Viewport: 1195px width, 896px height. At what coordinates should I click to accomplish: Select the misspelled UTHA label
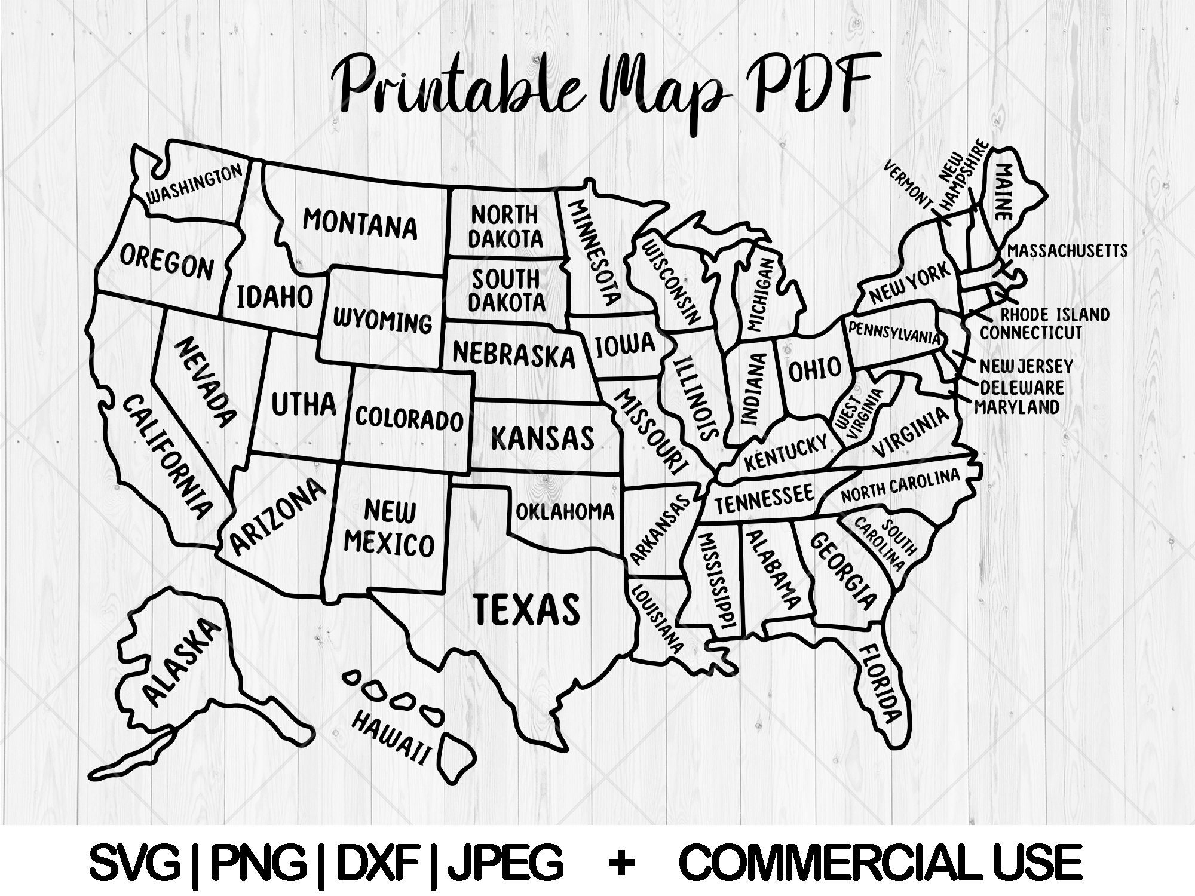(x=304, y=404)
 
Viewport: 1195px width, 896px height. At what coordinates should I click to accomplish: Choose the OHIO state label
(x=814, y=369)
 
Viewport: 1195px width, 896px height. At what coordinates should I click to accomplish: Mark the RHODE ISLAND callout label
(x=1055, y=314)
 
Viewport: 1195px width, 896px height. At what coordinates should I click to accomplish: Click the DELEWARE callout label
(x=1022, y=387)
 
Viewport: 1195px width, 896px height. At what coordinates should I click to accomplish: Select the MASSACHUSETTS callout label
(x=1068, y=250)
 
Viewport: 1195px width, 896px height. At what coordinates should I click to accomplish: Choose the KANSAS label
(x=543, y=438)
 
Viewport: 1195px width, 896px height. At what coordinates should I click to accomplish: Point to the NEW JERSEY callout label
(x=1026, y=365)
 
